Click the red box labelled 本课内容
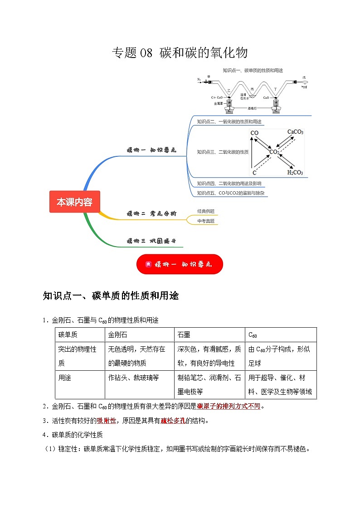[x=74, y=202]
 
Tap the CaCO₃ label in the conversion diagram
[x=295, y=132]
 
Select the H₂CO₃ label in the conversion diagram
[x=295, y=173]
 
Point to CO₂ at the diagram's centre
[x=275, y=152]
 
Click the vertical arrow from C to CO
[x=254, y=153]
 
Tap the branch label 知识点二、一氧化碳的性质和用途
[x=229, y=121]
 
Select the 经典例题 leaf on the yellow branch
[x=206, y=211]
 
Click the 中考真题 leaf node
[x=206, y=221]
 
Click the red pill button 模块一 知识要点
[x=180, y=264]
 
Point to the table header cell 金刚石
[x=117, y=334]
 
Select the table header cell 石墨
[x=184, y=334]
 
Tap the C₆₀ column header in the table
[x=253, y=335]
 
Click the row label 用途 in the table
[x=65, y=377]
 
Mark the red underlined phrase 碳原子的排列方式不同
[x=229, y=406]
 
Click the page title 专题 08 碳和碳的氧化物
[x=180, y=53]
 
